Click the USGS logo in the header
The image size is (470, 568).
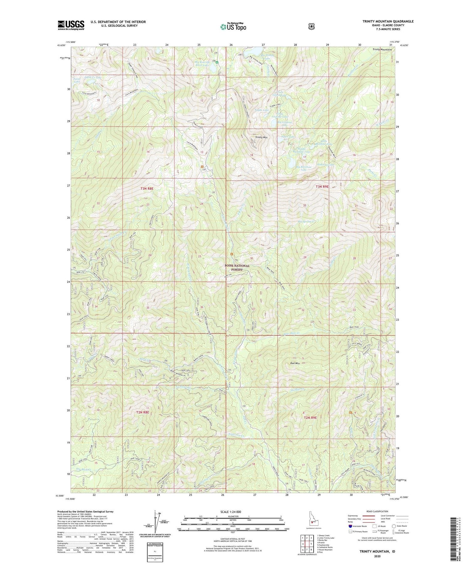pyautogui.click(x=71, y=25)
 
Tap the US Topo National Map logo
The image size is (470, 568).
pyautogui.click(x=233, y=26)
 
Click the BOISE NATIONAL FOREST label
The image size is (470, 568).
pyautogui.click(x=237, y=268)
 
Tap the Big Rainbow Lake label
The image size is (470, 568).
pyautogui.click(x=304, y=168)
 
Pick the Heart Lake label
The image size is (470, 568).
pyautogui.click(x=287, y=137)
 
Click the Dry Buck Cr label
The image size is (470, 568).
pyautogui.click(x=80, y=469)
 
